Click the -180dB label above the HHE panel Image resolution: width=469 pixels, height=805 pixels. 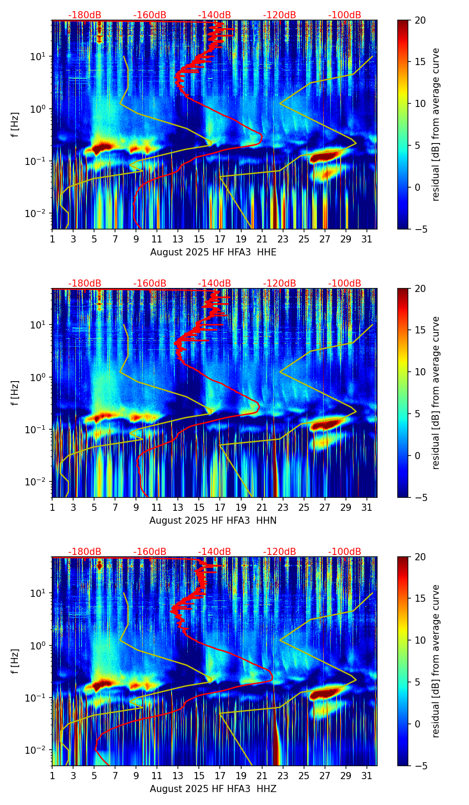(x=85, y=15)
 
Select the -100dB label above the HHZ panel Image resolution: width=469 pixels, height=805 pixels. (x=345, y=552)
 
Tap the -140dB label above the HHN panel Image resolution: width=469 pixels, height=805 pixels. (x=214, y=283)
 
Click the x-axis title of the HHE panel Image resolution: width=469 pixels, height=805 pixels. (x=213, y=252)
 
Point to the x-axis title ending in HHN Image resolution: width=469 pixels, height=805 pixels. (x=213, y=521)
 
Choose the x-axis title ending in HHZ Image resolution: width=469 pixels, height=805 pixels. (x=213, y=789)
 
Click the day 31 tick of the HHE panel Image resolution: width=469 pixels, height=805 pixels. (x=367, y=239)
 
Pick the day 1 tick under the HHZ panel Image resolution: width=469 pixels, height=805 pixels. (x=52, y=776)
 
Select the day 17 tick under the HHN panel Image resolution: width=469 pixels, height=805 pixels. (x=220, y=507)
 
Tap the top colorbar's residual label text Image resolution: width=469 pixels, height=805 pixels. (x=436, y=125)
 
